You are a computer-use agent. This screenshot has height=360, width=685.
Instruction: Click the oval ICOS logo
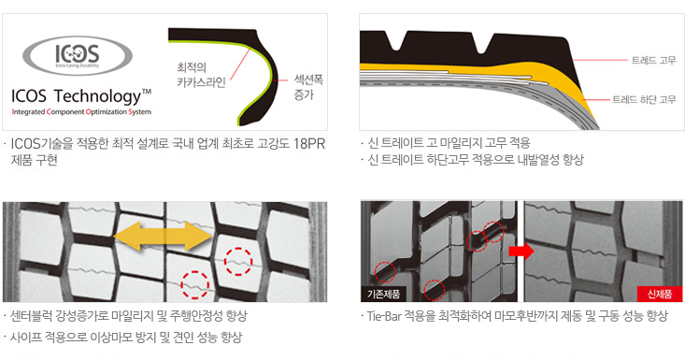pos(78,56)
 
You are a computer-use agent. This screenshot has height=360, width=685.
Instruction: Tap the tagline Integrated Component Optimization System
pos(81,112)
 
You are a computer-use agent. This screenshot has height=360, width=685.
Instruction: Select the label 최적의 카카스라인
pos(201,75)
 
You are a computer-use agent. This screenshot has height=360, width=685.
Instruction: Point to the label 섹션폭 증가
pos(308,87)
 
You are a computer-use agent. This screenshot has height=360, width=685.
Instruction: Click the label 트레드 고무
pos(653,60)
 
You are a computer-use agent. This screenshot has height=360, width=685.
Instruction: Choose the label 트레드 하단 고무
pos(644,100)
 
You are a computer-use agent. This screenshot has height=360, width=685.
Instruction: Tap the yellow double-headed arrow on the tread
pos(163,237)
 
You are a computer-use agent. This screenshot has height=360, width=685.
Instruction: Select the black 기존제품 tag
pos(383,294)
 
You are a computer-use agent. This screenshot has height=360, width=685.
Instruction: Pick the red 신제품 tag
pos(659,294)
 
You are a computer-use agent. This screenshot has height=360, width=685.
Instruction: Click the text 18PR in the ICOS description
pos(309,144)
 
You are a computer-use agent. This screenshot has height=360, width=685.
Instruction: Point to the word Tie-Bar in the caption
pos(384,316)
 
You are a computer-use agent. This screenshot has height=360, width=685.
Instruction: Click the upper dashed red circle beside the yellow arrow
pos(238,261)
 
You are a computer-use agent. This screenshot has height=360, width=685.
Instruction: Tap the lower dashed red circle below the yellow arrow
pos(194,285)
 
